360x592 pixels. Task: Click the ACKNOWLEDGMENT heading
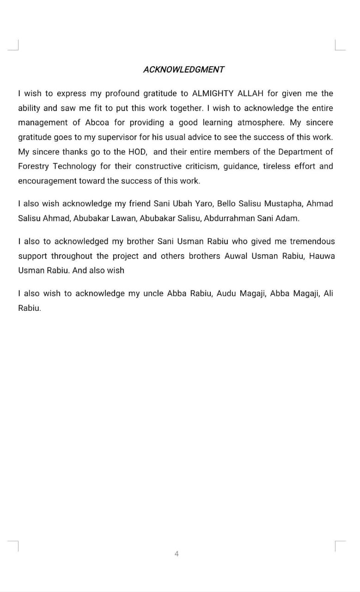pos(183,69)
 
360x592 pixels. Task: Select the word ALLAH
pos(250,93)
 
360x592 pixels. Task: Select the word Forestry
pos(33,166)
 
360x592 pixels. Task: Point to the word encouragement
pos(47,181)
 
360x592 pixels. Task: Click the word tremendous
pos(312,241)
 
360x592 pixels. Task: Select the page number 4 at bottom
pos(177,554)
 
